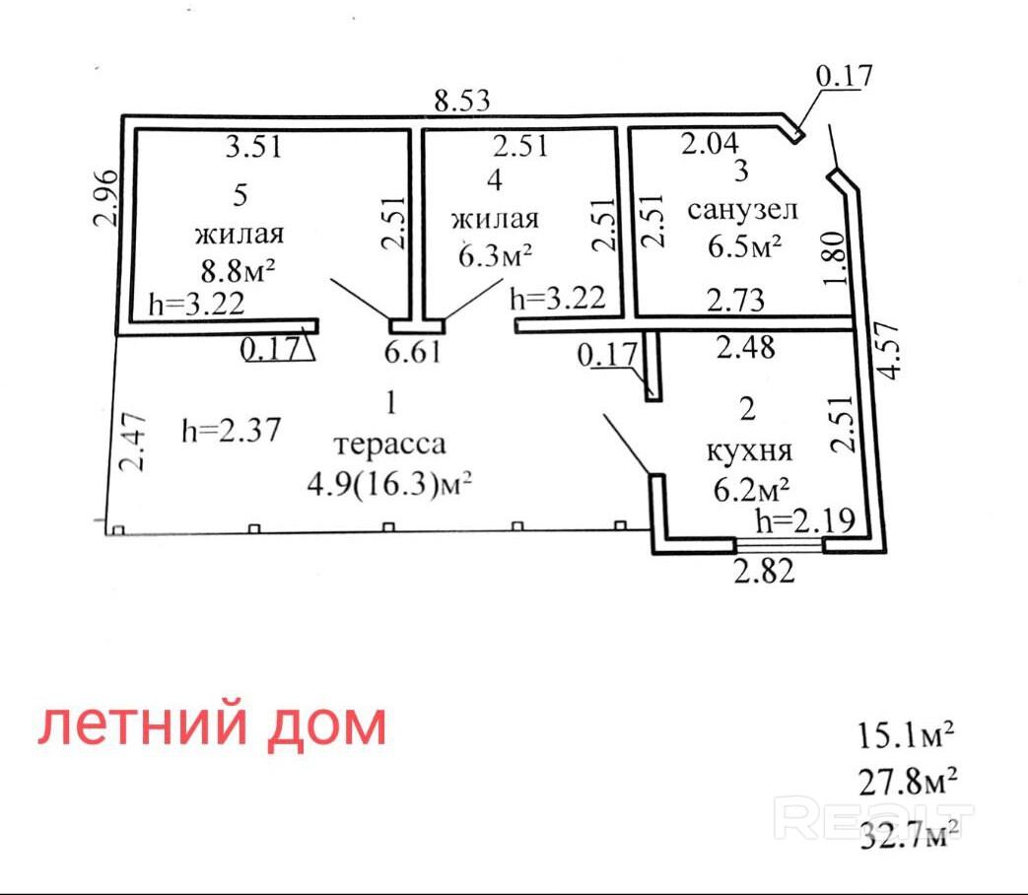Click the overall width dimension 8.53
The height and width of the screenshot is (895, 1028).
(462, 100)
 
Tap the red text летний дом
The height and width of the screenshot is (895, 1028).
(212, 726)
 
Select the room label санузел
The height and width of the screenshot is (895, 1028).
(742, 210)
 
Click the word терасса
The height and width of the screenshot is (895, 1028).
(389, 444)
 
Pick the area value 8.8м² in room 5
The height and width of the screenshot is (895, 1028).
(239, 268)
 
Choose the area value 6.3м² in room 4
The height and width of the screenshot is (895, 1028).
(495, 254)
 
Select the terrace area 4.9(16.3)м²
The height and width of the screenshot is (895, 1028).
(390, 483)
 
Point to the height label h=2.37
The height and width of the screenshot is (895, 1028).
(233, 430)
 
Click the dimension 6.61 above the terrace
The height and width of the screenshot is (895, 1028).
(414, 353)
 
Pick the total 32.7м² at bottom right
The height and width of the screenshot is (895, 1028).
(908, 836)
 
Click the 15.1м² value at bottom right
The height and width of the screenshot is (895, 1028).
(907, 734)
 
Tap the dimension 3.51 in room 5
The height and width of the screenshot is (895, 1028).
(253, 148)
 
